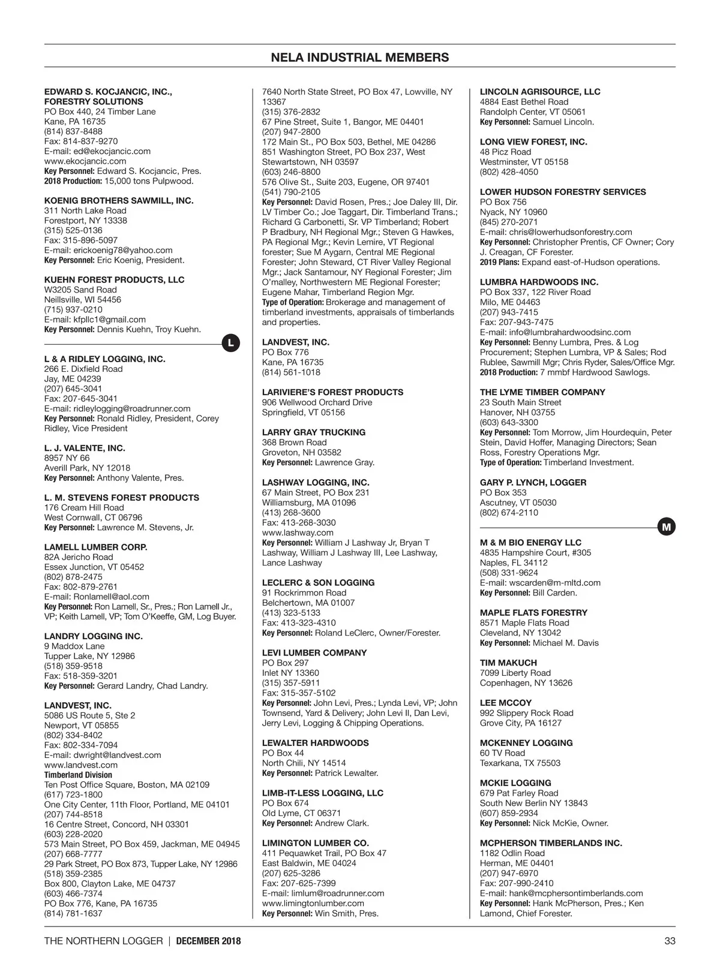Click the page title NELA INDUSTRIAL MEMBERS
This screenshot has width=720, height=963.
(x=360, y=58)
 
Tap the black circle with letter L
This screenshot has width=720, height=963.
(x=231, y=344)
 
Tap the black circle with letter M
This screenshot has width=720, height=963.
(x=667, y=527)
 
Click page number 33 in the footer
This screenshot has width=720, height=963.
(x=670, y=941)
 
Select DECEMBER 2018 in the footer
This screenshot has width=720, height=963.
(x=209, y=941)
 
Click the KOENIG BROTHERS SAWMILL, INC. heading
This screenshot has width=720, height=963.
(x=119, y=200)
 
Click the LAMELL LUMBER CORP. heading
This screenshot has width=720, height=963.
(x=96, y=547)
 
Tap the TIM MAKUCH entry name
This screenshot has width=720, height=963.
(x=508, y=663)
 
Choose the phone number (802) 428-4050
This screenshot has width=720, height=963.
(x=509, y=171)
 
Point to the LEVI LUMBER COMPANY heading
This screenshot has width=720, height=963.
(x=314, y=652)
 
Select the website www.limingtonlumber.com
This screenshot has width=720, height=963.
(x=313, y=903)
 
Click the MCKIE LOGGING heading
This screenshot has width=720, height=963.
(x=515, y=783)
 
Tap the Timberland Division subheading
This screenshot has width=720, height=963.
(x=78, y=775)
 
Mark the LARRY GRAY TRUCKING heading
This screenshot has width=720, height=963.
(x=314, y=432)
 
